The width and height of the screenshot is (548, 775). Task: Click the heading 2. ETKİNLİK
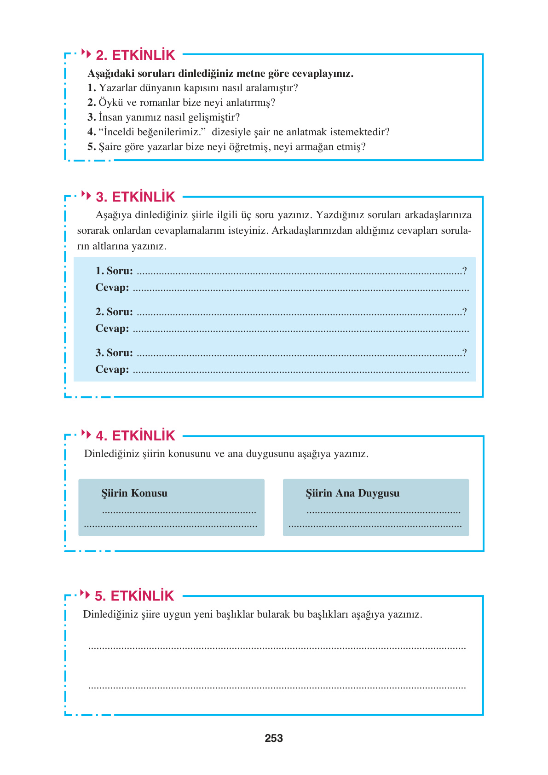(135, 55)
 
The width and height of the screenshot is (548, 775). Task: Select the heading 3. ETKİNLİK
(135, 197)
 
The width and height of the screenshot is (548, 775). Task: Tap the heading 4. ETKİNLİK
(135, 436)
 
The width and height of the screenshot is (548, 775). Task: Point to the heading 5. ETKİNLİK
(134, 596)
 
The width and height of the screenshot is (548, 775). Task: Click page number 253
(274, 738)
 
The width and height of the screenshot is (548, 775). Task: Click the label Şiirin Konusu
(134, 493)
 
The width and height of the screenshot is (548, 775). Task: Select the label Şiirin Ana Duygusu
(352, 493)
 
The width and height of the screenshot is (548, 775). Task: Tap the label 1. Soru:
(114, 271)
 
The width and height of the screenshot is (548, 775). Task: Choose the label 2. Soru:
(114, 312)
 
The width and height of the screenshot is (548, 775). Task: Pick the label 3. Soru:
(114, 353)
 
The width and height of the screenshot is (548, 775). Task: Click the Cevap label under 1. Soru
(112, 288)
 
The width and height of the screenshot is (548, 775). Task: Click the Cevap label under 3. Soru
(112, 370)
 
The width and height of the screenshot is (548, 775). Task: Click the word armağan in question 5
(316, 147)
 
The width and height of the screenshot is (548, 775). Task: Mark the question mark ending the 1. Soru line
(465, 271)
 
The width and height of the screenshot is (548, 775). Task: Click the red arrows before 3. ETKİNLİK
(86, 195)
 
